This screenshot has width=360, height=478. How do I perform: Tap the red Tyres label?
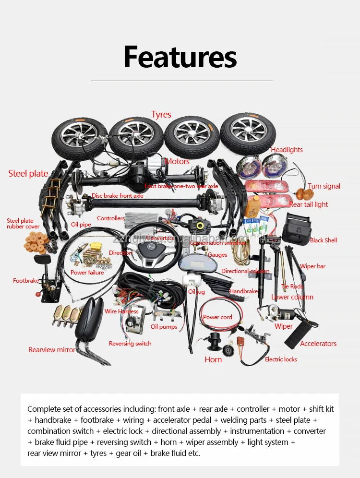point(161,114)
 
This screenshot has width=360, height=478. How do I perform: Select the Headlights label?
point(287,150)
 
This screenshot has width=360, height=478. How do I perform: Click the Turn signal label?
point(324,186)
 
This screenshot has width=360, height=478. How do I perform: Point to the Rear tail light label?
point(309,204)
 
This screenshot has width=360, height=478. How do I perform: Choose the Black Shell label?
point(323,240)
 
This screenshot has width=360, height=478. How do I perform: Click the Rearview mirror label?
point(52,350)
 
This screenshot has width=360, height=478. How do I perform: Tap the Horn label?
point(213,359)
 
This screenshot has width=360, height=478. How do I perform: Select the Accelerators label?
point(318,344)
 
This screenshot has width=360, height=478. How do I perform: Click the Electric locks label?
point(281,359)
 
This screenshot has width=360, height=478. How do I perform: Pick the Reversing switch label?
point(130,344)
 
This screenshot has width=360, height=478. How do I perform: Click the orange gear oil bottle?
point(253,206)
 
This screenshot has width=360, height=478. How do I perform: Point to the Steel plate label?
point(28,174)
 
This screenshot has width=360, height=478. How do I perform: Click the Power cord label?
point(217,317)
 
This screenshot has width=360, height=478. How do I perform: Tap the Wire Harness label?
point(121,311)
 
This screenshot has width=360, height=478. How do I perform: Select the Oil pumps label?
point(164,327)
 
